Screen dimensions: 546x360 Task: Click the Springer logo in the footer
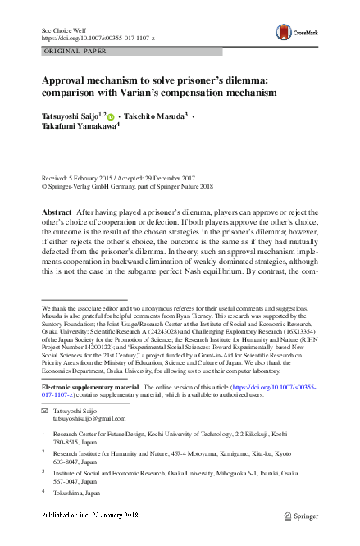303,516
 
